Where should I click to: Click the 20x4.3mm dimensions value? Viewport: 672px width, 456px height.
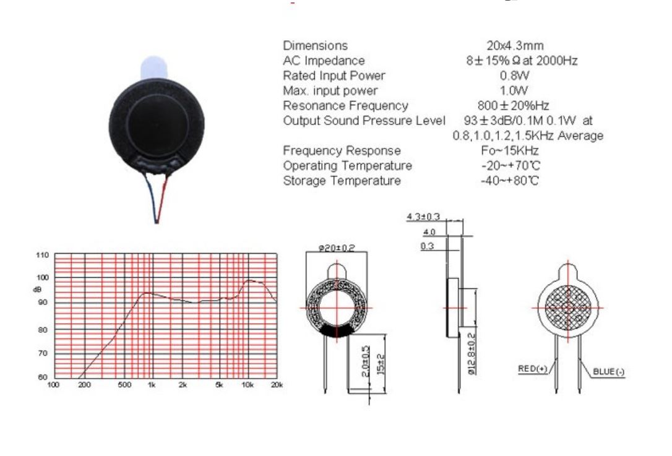click(515, 46)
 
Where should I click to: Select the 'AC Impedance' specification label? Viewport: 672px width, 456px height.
click(324, 61)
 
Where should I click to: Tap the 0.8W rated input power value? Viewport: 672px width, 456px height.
click(515, 75)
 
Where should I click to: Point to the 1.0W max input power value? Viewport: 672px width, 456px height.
click(515, 91)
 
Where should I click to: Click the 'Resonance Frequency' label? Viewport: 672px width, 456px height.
click(345, 106)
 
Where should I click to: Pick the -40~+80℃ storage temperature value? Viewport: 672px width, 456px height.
click(509, 181)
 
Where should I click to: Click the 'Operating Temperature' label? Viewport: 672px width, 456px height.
click(347, 166)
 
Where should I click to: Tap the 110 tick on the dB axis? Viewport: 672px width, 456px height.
click(42, 255)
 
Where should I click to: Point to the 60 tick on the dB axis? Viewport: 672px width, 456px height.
click(43, 377)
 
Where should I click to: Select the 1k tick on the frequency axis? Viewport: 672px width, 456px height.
click(150, 385)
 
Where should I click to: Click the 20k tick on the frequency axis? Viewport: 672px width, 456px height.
click(277, 385)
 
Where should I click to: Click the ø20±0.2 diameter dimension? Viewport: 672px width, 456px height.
click(337, 247)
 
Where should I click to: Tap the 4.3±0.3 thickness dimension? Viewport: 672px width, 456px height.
click(423, 217)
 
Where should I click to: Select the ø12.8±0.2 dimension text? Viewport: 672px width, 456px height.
click(472, 353)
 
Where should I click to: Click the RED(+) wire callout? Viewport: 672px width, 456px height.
click(533, 369)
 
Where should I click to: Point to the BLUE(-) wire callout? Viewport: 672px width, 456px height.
click(609, 371)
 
